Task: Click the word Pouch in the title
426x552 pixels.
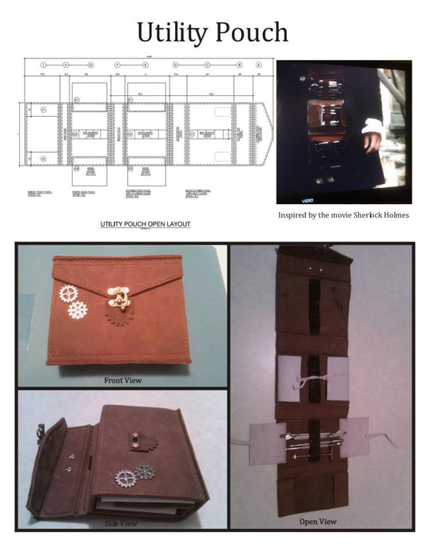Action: click(x=251, y=33)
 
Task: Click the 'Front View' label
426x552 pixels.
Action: click(x=122, y=380)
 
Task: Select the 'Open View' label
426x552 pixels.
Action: click(x=317, y=522)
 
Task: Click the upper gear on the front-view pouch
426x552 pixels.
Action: click(x=66, y=294)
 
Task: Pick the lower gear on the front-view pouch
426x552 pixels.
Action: click(x=78, y=310)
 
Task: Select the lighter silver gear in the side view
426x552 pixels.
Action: click(x=126, y=478)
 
